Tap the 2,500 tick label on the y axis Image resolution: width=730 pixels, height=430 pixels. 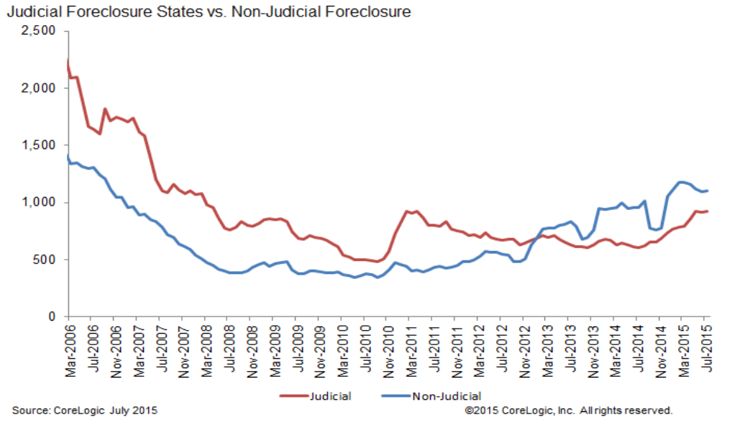[x=39, y=31]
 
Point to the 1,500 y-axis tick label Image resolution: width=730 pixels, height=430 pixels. [x=39, y=145]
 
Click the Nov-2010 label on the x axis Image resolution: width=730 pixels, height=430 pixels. [x=386, y=344]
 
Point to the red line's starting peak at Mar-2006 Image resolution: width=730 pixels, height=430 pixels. [x=68, y=60]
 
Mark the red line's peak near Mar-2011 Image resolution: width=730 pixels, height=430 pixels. [x=408, y=211]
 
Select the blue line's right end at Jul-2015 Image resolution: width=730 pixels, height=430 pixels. [x=708, y=191]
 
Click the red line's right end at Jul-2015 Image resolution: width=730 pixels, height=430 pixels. [x=708, y=211]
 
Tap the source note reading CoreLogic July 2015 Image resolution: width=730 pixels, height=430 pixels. [x=84, y=411]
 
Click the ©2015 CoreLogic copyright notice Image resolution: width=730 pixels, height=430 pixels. [x=568, y=411]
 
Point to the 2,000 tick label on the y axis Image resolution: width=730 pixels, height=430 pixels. [x=39, y=88]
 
